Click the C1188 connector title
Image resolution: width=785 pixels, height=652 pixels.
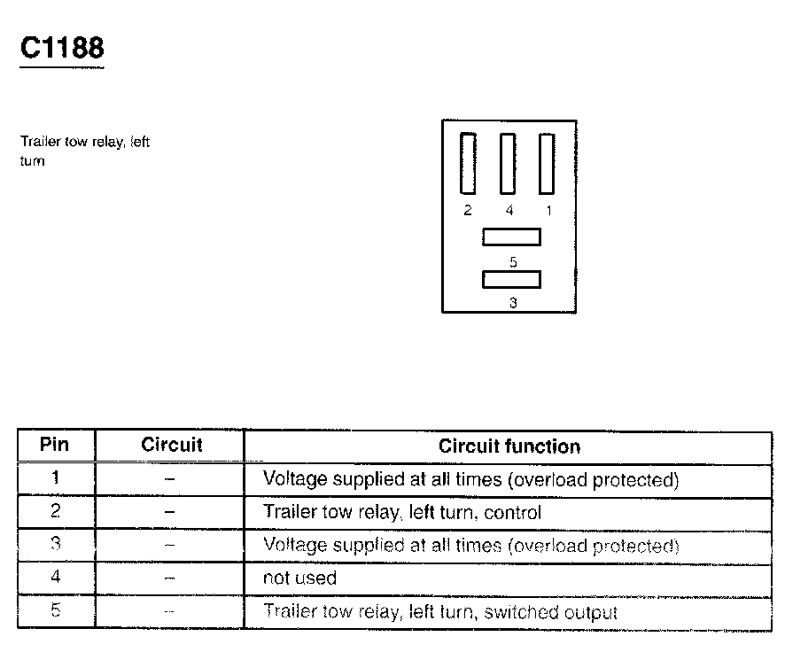(x=62, y=49)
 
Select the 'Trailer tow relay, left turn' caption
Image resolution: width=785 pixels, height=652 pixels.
(x=85, y=151)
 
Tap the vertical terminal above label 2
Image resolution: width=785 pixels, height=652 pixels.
(x=468, y=163)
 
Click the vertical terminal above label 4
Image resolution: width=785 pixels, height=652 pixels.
(x=508, y=163)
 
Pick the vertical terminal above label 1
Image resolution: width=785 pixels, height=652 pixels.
(x=547, y=163)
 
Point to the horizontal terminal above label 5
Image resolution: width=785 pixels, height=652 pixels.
(x=511, y=237)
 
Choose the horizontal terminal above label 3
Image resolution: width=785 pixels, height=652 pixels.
(x=511, y=279)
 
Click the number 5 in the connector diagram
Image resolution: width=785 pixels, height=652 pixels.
(x=513, y=261)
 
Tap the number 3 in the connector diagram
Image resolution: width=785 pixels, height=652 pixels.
(x=513, y=303)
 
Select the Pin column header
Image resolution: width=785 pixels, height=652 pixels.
(x=55, y=445)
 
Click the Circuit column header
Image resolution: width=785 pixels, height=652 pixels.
(x=171, y=445)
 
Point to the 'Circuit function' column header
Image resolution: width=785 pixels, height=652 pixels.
(x=509, y=446)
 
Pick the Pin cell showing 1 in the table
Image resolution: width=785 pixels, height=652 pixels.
(x=55, y=478)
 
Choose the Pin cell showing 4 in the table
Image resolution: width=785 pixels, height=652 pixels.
(x=55, y=578)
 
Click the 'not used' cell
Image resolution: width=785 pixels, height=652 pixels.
(x=299, y=578)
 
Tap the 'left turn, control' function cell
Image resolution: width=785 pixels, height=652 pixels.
(x=401, y=512)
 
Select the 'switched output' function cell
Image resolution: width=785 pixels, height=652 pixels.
(x=439, y=611)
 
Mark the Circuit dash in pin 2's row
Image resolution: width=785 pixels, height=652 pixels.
(x=170, y=512)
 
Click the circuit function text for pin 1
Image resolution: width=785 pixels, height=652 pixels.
(x=470, y=479)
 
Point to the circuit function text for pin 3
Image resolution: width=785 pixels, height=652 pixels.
(x=470, y=545)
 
